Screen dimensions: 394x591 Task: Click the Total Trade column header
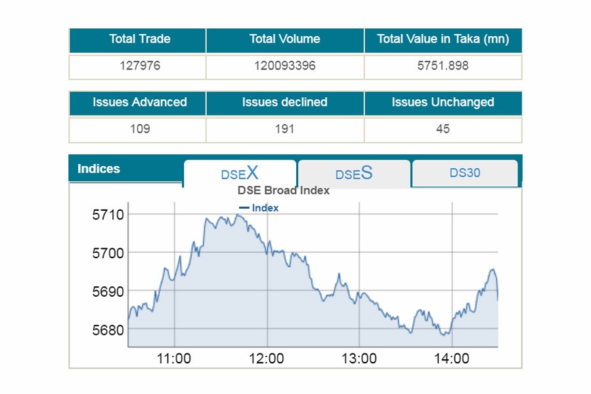(140, 39)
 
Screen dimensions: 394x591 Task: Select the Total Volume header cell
(284, 39)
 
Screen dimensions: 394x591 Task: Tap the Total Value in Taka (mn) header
(443, 39)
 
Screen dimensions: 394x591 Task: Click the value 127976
(140, 66)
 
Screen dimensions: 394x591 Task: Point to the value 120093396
(284, 66)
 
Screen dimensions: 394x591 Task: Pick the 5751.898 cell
(443, 66)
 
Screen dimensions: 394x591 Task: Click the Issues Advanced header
(140, 102)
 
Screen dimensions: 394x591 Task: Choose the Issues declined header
(284, 102)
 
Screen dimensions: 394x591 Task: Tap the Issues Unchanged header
(443, 102)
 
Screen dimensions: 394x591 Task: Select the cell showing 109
(140, 129)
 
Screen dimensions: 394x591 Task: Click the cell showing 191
(284, 129)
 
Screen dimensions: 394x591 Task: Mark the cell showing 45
(443, 129)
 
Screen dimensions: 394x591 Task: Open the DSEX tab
(240, 173)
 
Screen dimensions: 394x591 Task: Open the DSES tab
(354, 173)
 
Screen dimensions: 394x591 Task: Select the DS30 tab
(465, 173)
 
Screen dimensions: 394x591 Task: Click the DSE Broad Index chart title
(283, 191)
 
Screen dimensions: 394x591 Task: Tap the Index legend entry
(260, 208)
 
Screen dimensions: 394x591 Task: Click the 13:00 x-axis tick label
(359, 359)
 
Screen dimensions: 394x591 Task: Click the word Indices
(98, 169)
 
